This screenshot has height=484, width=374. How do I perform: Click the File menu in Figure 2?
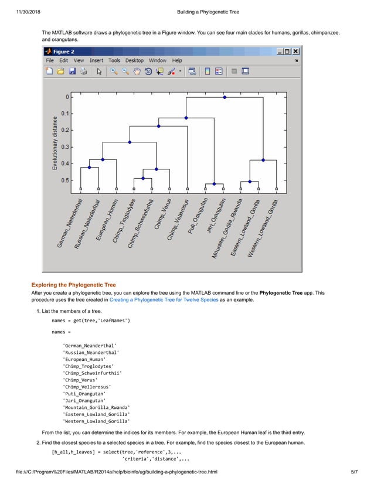pyautogui.click(x=50, y=60)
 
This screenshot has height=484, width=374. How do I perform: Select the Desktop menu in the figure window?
pyautogui.click(x=134, y=60)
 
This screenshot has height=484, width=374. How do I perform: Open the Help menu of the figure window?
pyautogui.click(x=176, y=60)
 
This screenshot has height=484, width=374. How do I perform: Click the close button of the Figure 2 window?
pyautogui.click(x=296, y=51)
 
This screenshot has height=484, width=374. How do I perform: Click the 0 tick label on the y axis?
pyautogui.click(x=67, y=97)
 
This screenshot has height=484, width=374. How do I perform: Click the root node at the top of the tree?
pyautogui.click(x=225, y=97)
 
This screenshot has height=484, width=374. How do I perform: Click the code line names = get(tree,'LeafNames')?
pyautogui.click(x=90, y=321)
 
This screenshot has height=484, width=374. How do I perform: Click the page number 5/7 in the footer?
pyautogui.click(x=353, y=472)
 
